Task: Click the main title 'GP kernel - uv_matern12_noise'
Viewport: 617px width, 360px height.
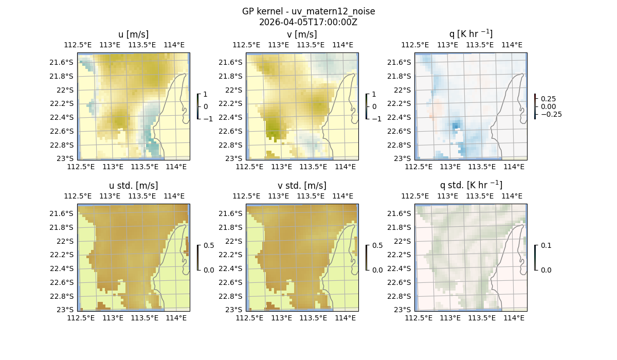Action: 308,11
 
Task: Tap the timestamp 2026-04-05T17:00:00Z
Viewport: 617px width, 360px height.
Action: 308,22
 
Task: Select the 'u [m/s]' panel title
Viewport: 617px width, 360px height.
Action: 133,34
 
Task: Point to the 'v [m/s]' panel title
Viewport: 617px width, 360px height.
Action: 302,34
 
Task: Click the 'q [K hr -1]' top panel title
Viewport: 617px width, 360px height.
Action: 470,34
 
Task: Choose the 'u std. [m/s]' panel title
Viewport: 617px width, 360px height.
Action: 133,185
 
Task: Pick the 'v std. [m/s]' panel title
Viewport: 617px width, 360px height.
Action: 302,185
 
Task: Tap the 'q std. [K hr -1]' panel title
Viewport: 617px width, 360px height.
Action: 470,185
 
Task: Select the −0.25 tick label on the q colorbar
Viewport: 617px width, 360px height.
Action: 551,114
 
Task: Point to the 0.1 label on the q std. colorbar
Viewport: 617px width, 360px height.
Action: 546,245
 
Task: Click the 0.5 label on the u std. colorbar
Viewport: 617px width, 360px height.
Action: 209,245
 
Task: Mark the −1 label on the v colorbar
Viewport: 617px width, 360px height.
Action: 376,118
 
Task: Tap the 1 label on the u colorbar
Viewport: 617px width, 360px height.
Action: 206,95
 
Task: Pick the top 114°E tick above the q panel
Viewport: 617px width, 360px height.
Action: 512,45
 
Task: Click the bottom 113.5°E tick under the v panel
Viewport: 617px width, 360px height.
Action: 313,167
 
